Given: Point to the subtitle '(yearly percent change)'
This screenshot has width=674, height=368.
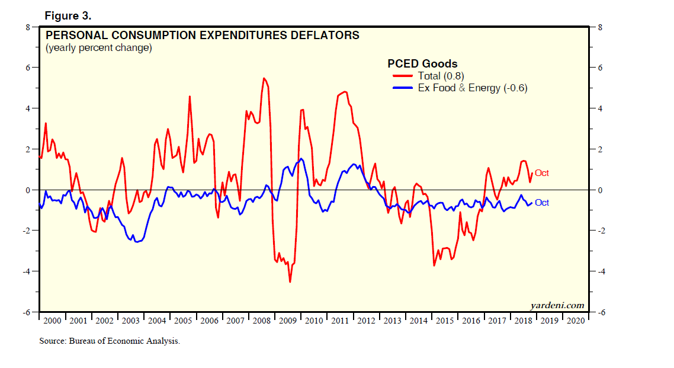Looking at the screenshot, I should (99, 48).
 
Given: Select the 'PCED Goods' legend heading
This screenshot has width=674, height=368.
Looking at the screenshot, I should (422, 64).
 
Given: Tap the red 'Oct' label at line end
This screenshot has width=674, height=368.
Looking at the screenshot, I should (542, 173).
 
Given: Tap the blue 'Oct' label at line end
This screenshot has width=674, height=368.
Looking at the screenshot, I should (542, 203).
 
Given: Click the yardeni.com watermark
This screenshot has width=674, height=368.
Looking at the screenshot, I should (557, 306).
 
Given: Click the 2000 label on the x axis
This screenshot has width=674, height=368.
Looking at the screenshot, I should (53, 321).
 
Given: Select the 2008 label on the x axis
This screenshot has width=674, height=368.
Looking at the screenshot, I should (262, 321).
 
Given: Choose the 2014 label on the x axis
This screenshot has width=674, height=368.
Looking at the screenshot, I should (419, 321).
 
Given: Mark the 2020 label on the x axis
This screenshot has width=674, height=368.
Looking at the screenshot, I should (575, 321).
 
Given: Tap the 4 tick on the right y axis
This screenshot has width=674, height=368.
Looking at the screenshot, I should (599, 109).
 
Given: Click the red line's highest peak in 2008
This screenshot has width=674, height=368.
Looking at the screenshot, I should (264, 78).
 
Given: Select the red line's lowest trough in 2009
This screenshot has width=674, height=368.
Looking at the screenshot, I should (290, 282).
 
